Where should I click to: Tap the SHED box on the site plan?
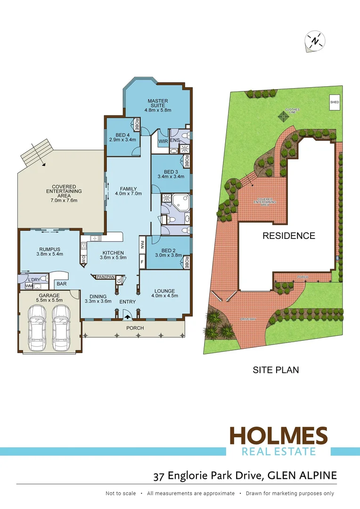pyautogui.click(x=335, y=102)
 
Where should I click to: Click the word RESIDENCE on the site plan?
pyautogui.click(x=288, y=236)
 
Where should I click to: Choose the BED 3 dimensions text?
pyautogui.click(x=170, y=177)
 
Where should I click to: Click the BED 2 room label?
pyautogui.click(x=168, y=250)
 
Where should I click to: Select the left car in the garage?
pyautogui.click(x=36, y=324)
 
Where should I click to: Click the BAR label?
pyautogui.click(x=61, y=284)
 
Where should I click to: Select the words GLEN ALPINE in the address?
pyautogui.click(x=302, y=476)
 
